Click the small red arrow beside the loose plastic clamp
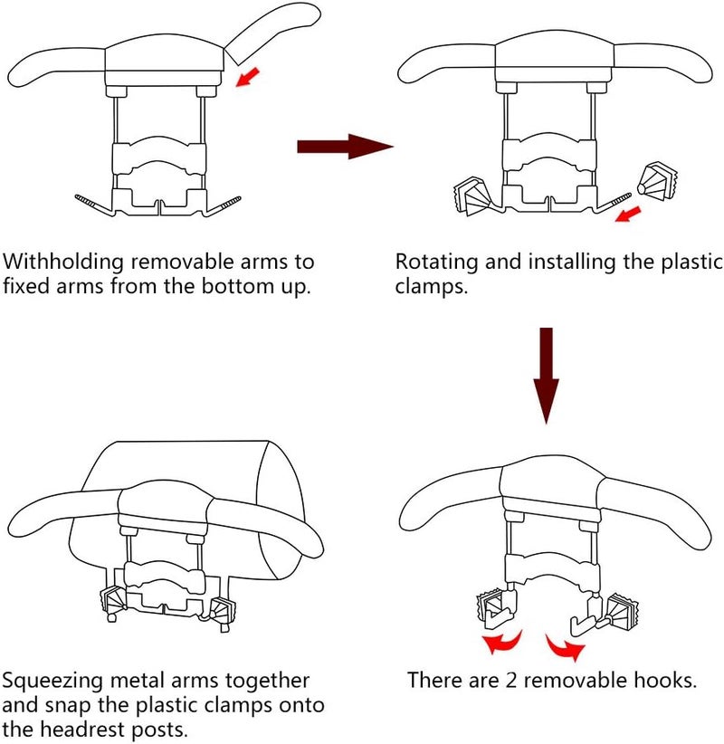pyautogui.click(x=626, y=214)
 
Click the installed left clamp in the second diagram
pyautogui.click(x=471, y=193)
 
